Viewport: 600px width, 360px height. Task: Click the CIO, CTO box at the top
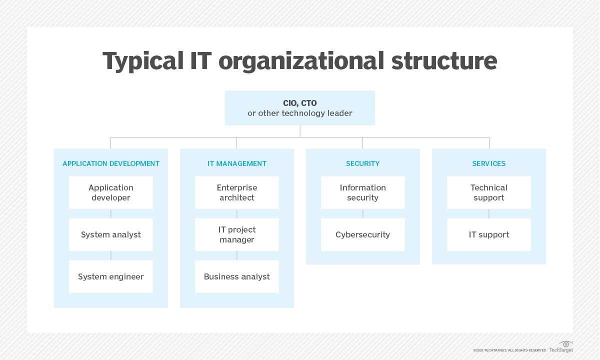coord(300,108)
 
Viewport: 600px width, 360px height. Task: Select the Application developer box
coord(111,192)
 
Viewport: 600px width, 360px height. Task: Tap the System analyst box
coord(111,234)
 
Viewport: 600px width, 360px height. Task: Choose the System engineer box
coord(111,276)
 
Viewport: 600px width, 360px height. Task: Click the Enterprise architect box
coord(237,192)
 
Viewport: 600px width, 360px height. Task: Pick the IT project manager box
coord(237,234)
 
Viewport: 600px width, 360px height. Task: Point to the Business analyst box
coord(237,276)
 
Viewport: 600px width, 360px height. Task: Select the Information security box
coord(363,192)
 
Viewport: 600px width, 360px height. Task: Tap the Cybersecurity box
coord(363,234)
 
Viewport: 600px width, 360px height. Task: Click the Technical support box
coord(489,192)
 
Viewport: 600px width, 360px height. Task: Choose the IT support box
coord(489,234)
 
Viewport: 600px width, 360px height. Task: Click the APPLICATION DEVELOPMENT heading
coord(111,163)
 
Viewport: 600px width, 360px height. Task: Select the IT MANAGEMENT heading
coord(237,163)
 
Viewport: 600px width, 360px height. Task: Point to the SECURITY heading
coord(363,163)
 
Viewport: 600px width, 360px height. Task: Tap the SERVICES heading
coord(489,163)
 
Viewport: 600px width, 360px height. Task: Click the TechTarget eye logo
coord(566,344)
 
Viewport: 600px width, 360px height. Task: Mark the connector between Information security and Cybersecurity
coord(363,213)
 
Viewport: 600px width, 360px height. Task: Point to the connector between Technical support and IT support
coord(489,213)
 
